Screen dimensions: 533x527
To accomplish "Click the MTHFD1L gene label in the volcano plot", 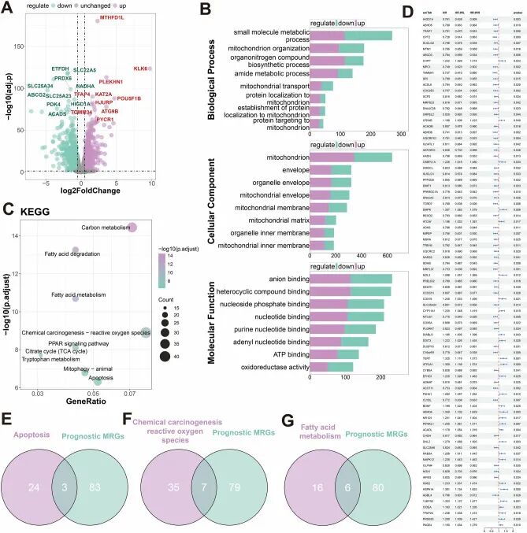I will [x=113, y=18].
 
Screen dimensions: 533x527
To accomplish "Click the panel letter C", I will [x=8, y=209].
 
